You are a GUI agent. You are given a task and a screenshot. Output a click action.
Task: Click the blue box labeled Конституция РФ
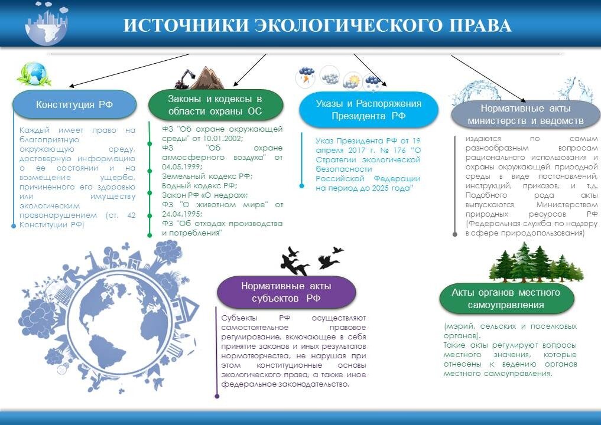click(x=74, y=104)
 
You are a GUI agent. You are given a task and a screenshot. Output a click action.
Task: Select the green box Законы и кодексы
click(x=215, y=105)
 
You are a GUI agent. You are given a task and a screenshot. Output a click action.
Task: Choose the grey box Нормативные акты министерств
click(x=525, y=115)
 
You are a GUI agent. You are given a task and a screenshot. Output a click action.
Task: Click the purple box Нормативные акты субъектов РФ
click(x=286, y=292)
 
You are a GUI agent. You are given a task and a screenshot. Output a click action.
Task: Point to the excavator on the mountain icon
click(x=188, y=77)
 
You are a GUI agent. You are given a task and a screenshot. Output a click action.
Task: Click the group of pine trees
click(x=535, y=263)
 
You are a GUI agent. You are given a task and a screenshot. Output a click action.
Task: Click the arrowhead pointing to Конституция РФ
click(x=63, y=86)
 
